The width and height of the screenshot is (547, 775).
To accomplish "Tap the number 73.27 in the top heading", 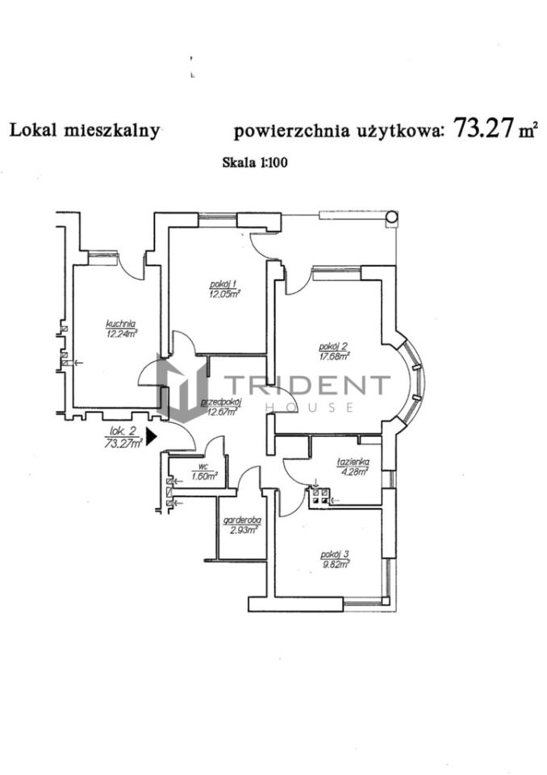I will point(483,128).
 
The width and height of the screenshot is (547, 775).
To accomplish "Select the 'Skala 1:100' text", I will point(255,161).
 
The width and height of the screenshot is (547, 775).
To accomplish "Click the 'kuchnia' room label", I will point(120,325).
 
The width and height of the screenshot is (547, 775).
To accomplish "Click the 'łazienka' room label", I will point(353,462).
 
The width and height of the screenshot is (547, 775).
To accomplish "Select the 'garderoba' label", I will point(242,522).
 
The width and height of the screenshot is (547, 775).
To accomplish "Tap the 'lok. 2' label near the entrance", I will point(119,433).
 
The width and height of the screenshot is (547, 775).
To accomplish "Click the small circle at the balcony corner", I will point(391,216).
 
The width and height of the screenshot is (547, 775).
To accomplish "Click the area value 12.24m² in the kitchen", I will point(121,333).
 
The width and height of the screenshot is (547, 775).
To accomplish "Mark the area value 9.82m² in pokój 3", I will point(335,563).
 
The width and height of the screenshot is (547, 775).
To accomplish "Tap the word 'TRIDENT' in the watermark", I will point(306,385).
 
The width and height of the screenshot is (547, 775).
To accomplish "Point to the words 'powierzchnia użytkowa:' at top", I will point(338,131).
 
